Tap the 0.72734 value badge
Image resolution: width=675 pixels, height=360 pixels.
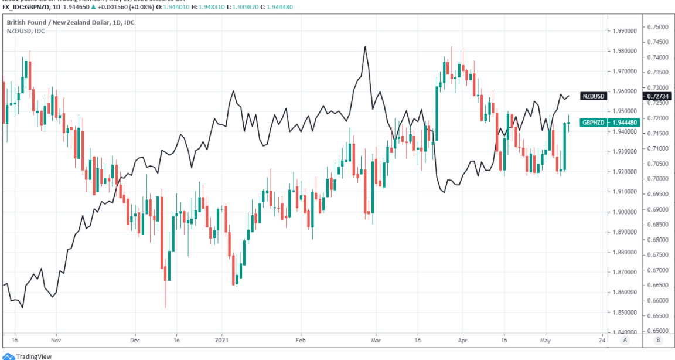click(658, 96)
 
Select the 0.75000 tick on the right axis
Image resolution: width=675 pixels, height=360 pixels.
click(659, 27)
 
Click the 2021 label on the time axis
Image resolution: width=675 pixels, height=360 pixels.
click(221, 340)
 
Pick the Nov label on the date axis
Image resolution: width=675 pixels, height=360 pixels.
click(56, 340)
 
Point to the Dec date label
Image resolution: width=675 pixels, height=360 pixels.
click(134, 340)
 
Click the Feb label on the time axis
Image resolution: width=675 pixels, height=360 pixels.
click(301, 340)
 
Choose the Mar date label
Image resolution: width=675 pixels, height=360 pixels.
click(376, 340)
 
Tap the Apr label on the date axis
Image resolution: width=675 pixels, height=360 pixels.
click(462, 340)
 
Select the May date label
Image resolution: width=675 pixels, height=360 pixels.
click(546, 340)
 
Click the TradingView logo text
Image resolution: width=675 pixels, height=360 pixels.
click(33, 356)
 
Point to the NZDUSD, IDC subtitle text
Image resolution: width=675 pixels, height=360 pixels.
click(26, 30)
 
